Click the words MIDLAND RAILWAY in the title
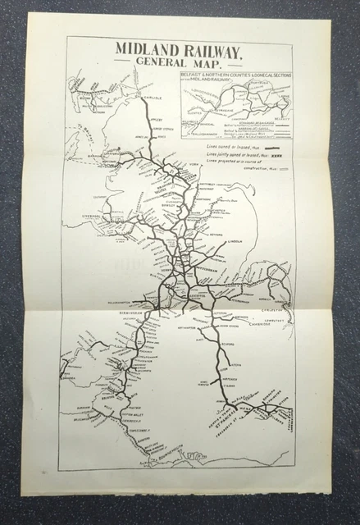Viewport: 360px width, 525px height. [178, 52]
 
